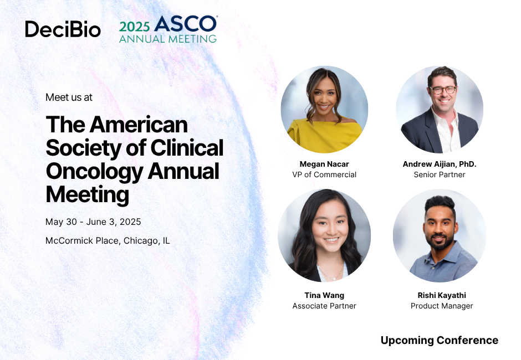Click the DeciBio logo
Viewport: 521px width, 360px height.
63,29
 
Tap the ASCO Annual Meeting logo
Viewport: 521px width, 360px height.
168,29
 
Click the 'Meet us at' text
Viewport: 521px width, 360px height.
69,97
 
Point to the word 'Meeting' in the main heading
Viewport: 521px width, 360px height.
87,194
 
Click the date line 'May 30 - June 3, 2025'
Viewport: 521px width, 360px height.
93,222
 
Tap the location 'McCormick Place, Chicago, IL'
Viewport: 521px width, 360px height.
108,241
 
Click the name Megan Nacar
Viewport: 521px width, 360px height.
324,164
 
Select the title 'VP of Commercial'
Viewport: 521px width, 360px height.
324,174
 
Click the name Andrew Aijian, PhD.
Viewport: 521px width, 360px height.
440,164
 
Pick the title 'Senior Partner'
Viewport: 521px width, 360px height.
440,174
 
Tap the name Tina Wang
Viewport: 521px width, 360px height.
324,295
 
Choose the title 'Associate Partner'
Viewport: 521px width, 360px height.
324,306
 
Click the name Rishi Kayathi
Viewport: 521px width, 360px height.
442,295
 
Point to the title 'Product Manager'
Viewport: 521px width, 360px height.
442,306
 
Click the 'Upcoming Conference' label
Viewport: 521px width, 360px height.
439,340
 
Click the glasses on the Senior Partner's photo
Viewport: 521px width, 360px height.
442,90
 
